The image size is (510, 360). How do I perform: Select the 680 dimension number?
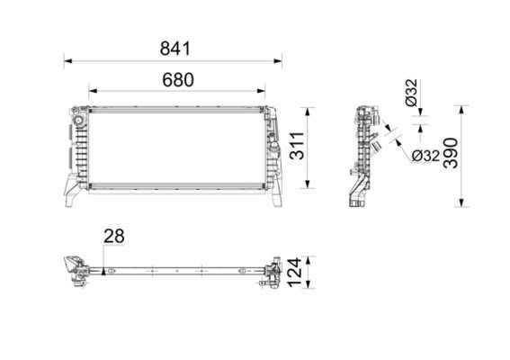178,79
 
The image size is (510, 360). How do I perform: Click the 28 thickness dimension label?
113,237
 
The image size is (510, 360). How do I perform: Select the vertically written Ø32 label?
410,94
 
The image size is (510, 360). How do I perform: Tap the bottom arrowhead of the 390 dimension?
463,203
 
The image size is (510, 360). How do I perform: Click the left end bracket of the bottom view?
70,269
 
